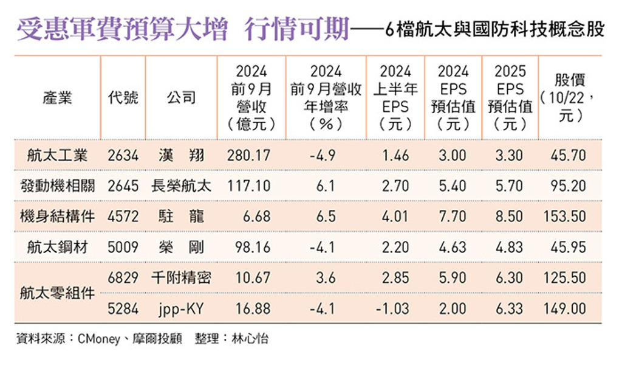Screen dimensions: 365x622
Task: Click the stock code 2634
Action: (x=123, y=156)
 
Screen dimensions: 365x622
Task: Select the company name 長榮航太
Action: (x=181, y=186)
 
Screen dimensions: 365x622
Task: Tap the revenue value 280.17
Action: (x=248, y=156)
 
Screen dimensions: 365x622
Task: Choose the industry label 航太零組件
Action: (x=58, y=293)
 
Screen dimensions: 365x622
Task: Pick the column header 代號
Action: (x=123, y=98)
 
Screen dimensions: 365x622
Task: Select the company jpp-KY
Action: (x=181, y=308)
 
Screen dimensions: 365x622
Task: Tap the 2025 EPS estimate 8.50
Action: (x=509, y=217)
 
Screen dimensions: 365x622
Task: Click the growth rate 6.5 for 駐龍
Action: (x=326, y=217)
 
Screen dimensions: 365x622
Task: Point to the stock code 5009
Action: (x=123, y=247)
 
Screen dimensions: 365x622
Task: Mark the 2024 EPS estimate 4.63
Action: (x=453, y=247)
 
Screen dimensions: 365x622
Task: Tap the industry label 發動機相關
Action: (x=58, y=186)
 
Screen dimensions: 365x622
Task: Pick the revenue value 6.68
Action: (x=248, y=217)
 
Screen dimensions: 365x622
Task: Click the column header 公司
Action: (x=181, y=98)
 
